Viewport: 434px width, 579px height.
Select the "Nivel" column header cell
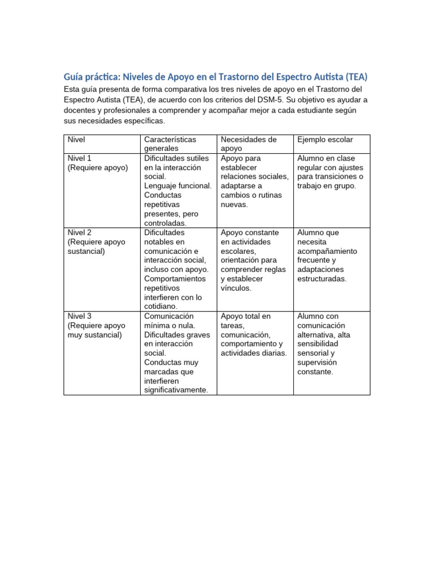(x=76, y=139)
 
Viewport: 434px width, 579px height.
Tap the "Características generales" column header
(x=170, y=144)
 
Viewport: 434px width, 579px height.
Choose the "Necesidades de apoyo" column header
(x=249, y=144)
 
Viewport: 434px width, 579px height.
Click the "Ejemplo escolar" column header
(x=325, y=139)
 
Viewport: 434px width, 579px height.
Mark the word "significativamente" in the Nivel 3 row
(x=176, y=390)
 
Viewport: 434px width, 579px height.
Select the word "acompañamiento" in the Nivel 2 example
(x=327, y=251)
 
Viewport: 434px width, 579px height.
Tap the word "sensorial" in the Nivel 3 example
(x=313, y=353)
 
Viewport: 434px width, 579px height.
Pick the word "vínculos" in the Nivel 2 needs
(x=236, y=288)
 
